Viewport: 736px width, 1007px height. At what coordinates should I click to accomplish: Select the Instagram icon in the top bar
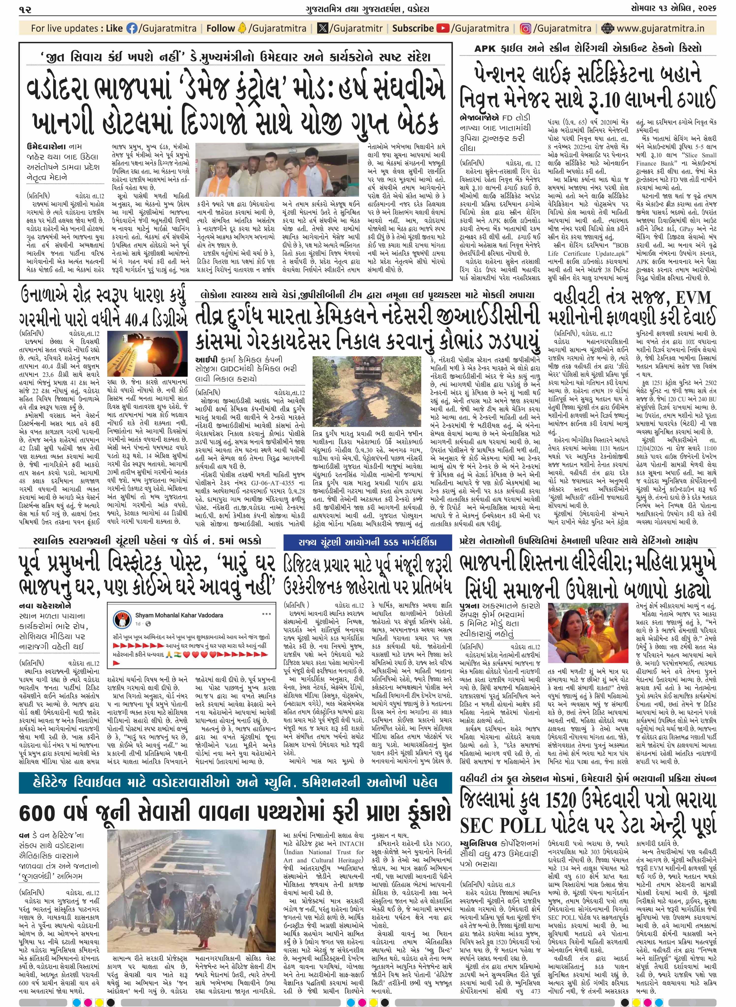526,29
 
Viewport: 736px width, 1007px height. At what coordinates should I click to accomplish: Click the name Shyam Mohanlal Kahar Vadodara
179,615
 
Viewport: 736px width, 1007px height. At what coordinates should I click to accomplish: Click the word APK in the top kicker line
484,48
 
